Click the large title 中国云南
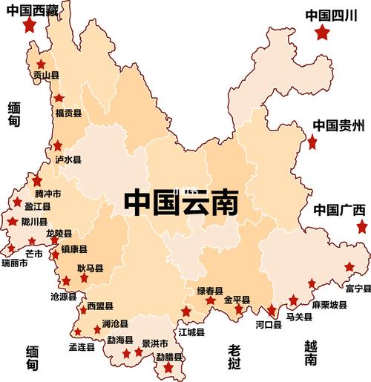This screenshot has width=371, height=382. click(x=181, y=202)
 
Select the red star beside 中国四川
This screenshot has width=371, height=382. click(x=321, y=33)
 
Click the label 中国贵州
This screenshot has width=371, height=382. click(x=338, y=125)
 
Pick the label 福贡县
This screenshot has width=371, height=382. click(x=68, y=113)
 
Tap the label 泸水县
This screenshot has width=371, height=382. click(x=68, y=159)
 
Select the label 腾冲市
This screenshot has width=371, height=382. click(x=48, y=194)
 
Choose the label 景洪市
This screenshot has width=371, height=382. click(x=155, y=343)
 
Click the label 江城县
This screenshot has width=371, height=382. click(x=191, y=332)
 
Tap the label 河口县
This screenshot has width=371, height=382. click(x=268, y=325)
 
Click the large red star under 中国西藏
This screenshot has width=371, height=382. click(x=30, y=25)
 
